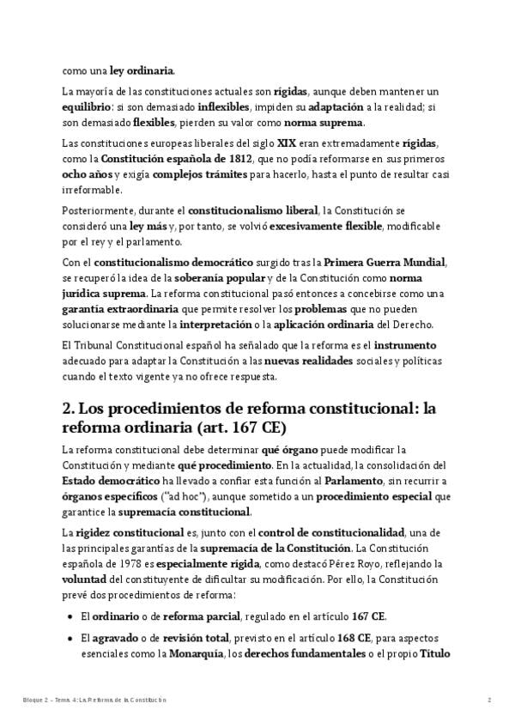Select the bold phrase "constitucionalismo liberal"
coord(251,210)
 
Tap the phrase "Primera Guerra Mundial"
coord(398,263)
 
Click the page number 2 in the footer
coord(489,701)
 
